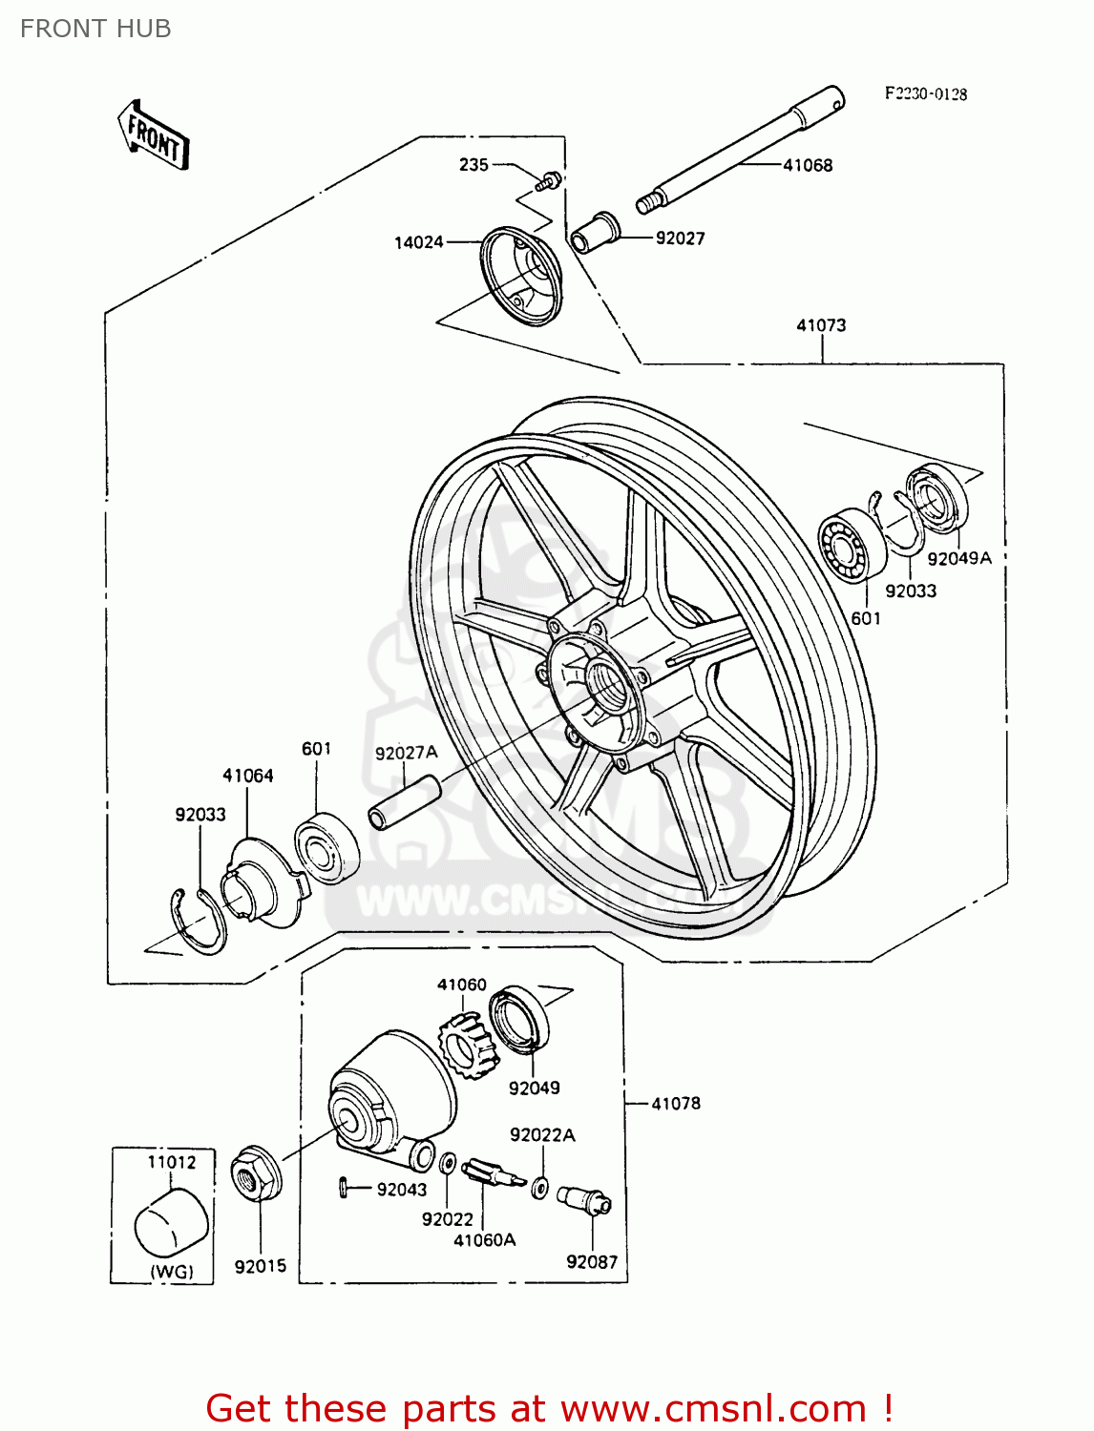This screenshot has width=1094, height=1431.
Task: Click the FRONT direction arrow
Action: pyautogui.click(x=154, y=135)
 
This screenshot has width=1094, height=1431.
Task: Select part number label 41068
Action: pyautogui.click(x=807, y=165)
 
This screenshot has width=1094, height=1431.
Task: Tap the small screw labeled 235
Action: pyautogui.click(x=550, y=180)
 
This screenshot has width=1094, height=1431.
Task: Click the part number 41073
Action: pyautogui.click(x=821, y=325)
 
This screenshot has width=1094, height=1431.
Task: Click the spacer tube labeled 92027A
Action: pyautogui.click(x=404, y=803)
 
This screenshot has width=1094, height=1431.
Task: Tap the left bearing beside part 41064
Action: pyautogui.click(x=326, y=847)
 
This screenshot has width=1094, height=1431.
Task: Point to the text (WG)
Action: pyautogui.click(x=171, y=1271)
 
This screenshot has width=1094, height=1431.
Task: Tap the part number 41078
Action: pyautogui.click(x=676, y=1104)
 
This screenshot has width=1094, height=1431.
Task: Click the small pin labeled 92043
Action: pyautogui.click(x=343, y=1187)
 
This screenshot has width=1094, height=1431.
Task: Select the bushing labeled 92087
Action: pyautogui.click(x=584, y=1199)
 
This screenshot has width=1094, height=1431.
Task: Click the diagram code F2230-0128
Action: pyautogui.click(x=925, y=93)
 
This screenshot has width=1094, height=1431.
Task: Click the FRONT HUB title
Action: pyautogui.click(x=95, y=29)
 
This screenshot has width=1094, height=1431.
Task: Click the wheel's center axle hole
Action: pyautogui.click(x=604, y=680)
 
